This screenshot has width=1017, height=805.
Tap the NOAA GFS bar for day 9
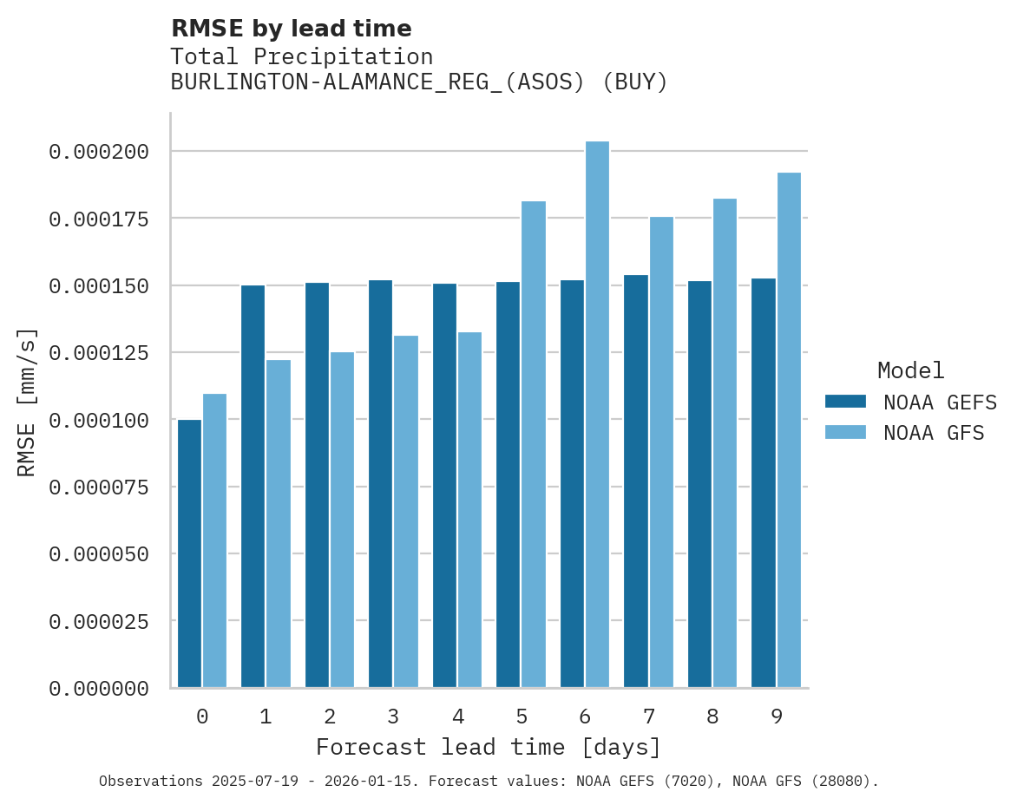789,430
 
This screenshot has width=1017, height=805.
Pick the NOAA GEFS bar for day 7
636,481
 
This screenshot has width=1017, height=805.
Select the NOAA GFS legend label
934,433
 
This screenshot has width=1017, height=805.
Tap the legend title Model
910,370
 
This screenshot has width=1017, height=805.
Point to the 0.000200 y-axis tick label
99,152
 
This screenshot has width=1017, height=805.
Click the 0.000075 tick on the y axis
99,488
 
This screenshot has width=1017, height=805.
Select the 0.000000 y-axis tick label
99,689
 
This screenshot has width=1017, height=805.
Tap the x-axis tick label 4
457,717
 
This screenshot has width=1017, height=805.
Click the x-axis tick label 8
712,717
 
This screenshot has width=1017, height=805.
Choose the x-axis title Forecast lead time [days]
489,747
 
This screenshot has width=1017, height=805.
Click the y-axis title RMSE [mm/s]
27,402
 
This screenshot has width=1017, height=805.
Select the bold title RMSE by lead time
291,29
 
